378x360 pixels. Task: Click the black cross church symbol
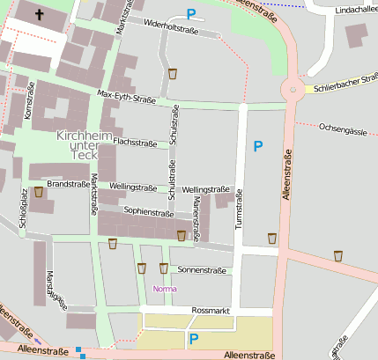click(40, 14)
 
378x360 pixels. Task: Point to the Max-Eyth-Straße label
click(126, 95)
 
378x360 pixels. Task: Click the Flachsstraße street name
click(135, 143)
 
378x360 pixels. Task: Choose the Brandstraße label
click(69, 185)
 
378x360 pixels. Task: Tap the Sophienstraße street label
click(148, 212)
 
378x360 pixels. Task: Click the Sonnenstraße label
click(202, 269)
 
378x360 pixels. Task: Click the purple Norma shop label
click(165, 289)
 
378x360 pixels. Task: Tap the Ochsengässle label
click(343, 129)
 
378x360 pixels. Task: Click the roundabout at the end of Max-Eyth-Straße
click(290, 90)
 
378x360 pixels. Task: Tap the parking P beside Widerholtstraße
click(191, 13)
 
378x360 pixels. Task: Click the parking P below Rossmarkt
click(194, 338)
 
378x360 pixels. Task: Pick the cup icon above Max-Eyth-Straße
click(172, 74)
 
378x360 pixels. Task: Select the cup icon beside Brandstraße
click(39, 192)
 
